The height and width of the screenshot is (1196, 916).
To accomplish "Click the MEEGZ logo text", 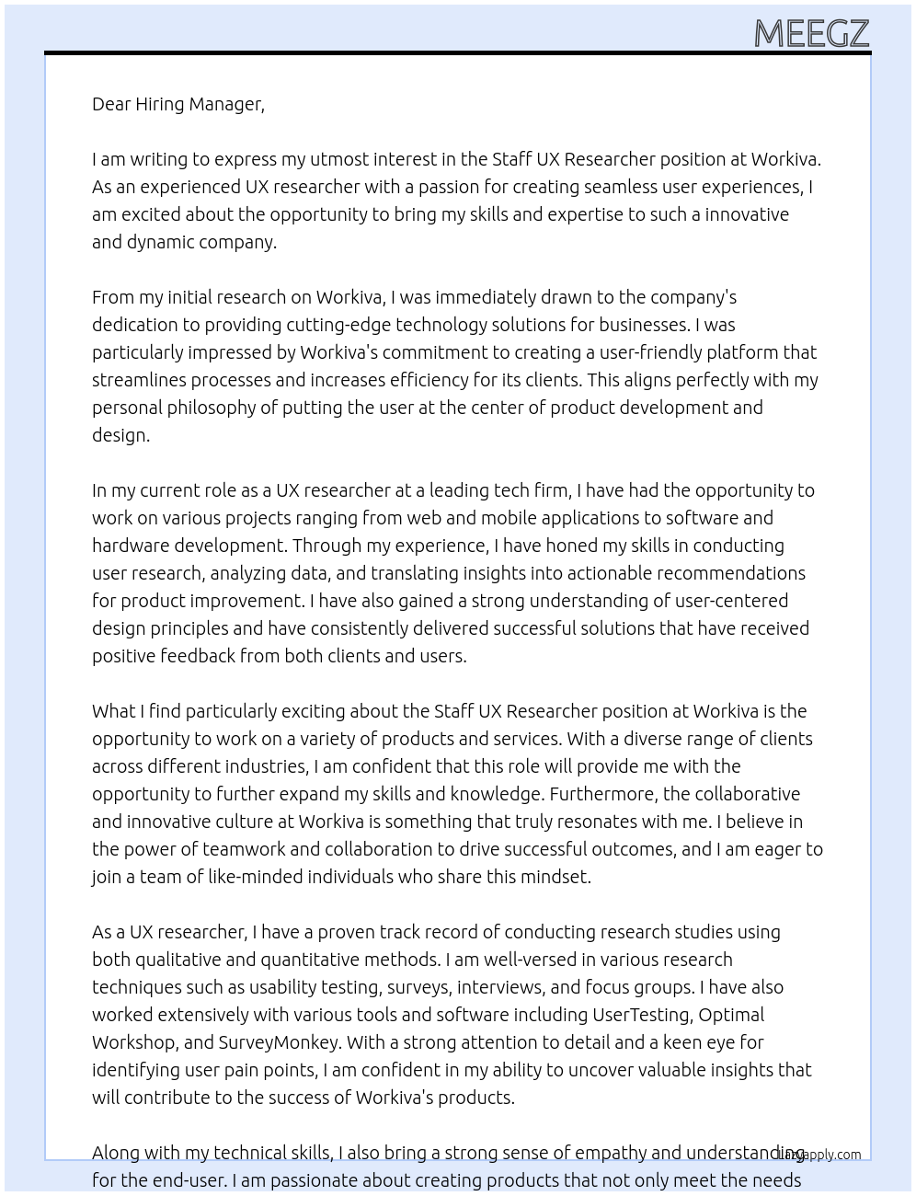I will [x=811, y=34].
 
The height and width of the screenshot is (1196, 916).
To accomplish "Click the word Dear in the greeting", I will [x=111, y=104].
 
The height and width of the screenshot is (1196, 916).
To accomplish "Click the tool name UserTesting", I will [x=641, y=1015].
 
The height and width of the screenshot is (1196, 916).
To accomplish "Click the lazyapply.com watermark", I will [x=819, y=1155].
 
